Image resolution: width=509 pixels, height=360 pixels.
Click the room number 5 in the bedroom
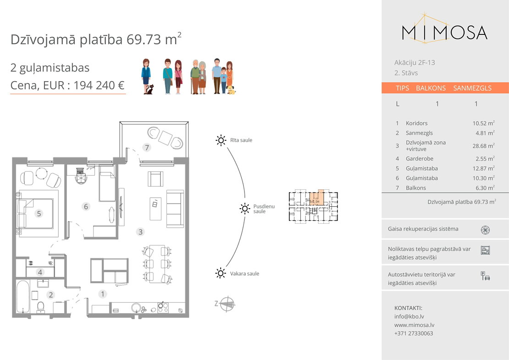tap(39, 214)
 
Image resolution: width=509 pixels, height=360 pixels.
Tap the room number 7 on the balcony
tap(147, 148)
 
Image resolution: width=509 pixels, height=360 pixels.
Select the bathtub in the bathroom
tap(23, 297)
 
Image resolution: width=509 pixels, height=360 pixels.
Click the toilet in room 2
tap(41, 307)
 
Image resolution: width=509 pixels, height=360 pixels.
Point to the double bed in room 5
tap(36, 214)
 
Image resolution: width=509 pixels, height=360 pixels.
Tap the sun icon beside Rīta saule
tap(221, 140)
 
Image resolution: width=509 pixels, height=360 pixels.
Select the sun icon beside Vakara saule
tap(221, 273)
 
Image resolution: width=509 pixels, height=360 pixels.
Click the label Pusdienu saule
tap(264, 209)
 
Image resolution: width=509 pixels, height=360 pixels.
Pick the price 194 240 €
tap(99, 85)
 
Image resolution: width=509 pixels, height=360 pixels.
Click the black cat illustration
tap(149, 89)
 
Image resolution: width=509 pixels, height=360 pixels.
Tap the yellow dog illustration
tap(231, 90)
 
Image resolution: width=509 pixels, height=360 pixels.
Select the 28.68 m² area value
tap(483, 146)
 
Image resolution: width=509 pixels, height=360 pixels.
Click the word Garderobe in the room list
tap(420, 159)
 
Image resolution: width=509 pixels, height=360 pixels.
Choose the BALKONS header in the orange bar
tap(431, 88)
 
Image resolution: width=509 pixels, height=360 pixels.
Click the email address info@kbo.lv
tap(409, 316)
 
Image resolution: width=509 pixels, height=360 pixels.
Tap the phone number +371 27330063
tap(414, 333)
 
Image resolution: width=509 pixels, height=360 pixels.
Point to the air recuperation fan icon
tap(485, 230)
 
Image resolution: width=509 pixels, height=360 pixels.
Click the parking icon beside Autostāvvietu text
tap(485, 276)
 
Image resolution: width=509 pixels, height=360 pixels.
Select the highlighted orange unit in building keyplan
tap(316, 198)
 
